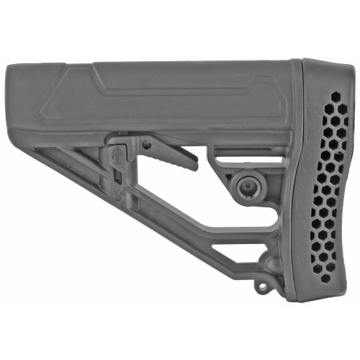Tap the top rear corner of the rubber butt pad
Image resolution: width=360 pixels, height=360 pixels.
click(306, 61)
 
